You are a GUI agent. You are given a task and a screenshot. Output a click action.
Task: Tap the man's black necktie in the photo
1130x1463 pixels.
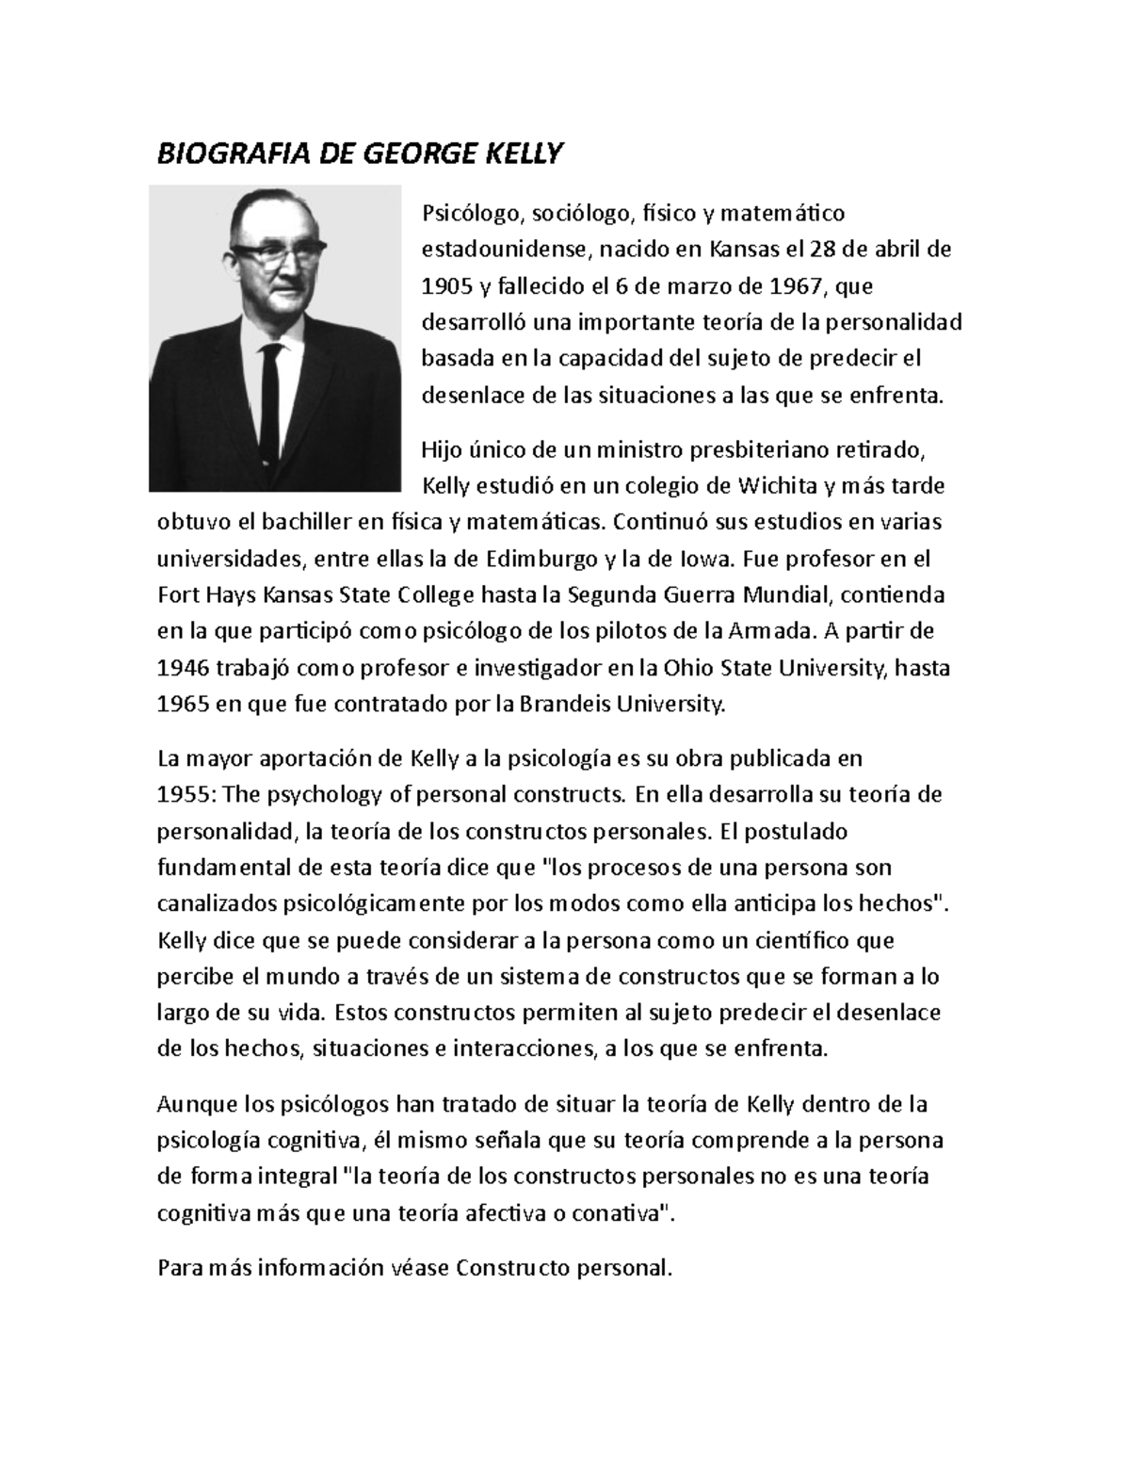point(272,397)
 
